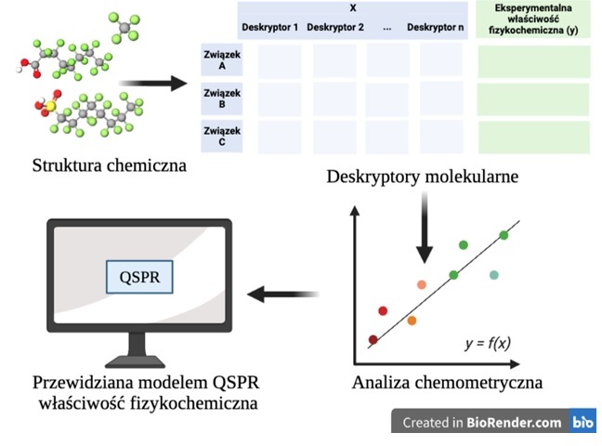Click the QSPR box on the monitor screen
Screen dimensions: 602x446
139,277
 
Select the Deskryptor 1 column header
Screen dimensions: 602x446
270,27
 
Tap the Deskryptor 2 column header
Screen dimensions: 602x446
335,27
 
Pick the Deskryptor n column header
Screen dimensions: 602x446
436,27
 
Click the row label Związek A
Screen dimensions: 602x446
222,59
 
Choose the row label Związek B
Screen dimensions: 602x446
222,98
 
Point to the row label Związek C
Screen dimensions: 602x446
222,137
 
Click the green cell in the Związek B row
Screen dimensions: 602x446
533,99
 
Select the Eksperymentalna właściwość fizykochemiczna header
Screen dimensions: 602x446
533,19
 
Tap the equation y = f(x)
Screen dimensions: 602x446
488,343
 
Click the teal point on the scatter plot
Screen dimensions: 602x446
493,275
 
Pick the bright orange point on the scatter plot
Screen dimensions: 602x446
412,321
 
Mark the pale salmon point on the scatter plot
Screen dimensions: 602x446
422,284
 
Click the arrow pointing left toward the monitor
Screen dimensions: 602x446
283,295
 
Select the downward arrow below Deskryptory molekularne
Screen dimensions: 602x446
425,228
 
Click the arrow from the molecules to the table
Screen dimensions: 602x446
152,84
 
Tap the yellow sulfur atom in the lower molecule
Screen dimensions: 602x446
50,106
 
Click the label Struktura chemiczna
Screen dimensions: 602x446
110,165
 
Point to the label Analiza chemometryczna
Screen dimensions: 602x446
447,382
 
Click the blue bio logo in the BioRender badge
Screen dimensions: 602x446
582,422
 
